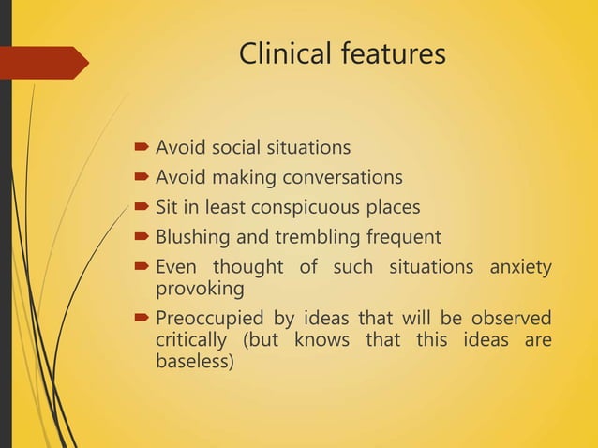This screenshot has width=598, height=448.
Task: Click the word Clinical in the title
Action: click(279, 54)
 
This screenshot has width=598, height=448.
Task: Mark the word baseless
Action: click(192, 359)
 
